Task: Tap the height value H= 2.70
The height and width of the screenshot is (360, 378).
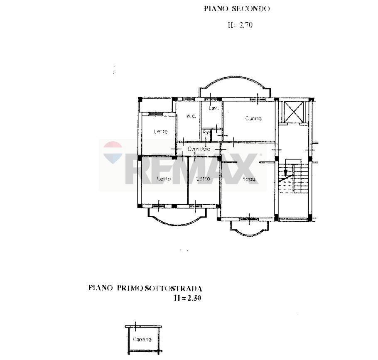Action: pyautogui.click(x=240, y=25)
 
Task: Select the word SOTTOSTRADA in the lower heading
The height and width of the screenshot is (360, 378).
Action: pyautogui.click(x=173, y=288)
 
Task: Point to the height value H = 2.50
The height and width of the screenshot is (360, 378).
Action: pyautogui.click(x=187, y=298)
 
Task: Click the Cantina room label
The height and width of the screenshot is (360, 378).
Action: pyautogui.click(x=142, y=340)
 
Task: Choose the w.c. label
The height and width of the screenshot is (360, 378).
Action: pyautogui.click(x=191, y=116)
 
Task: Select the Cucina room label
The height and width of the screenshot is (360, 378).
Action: pyautogui.click(x=253, y=119)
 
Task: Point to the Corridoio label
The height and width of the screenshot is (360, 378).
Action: pyautogui.click(x=199, y=149)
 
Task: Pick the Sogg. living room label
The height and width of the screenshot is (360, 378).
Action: pyautogui.click(x=248, y=179)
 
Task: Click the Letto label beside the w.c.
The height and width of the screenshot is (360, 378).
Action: pyautogui.click(x=161, y=132)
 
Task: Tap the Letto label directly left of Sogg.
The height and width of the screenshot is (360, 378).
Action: pyautogui.click(x=203, y=179)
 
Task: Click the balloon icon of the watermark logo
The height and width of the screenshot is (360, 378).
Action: pyautogui.click(x=113, y=152)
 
